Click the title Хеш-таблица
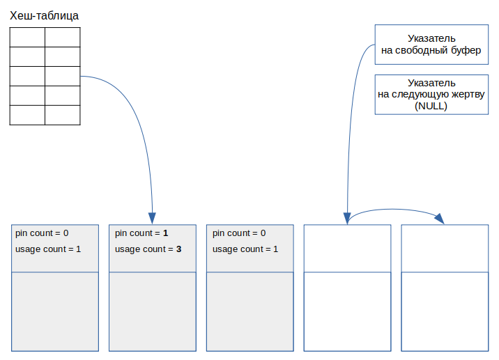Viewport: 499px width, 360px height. (x=44, y=15)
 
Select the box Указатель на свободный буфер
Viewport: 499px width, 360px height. (x=431, y=45)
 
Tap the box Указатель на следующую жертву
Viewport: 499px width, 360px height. (x=431, y=95)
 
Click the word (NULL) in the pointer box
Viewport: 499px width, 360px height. (x=431, y=106)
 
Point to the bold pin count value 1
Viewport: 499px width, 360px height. (x=165, y=233)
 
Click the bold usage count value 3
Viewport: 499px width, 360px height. (x=179, y=249)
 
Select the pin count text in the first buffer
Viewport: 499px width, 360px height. (x=42, y=233)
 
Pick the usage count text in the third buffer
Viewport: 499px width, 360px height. (x=245, y=249)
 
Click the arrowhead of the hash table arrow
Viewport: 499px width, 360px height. (x=152, y=218)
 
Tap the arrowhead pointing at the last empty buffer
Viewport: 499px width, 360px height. (x=440, y=219)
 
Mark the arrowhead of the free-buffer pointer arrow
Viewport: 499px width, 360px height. (x=347, y=219)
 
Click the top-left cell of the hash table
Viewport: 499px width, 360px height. (x=27, y=37)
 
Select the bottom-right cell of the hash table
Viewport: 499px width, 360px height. (x=63, y=115)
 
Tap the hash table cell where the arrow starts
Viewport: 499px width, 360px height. (x=63, y=76)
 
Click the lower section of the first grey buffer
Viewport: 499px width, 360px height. (x=55, y=312)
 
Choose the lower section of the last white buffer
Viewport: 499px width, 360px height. (x=445, y=312)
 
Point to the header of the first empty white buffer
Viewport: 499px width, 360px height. (x=348, y=249)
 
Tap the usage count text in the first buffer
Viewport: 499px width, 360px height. (x=48, y=249)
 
